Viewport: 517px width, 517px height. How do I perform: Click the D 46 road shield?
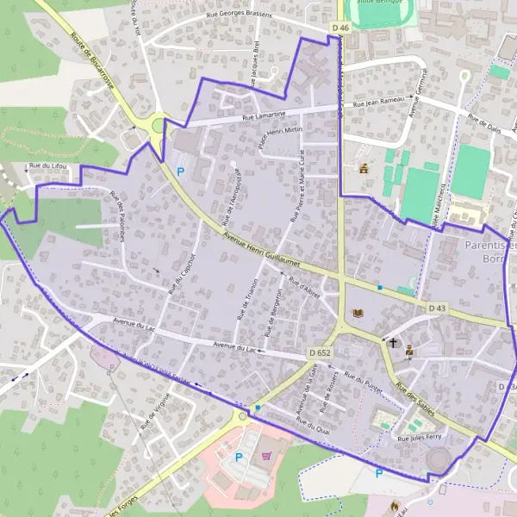341,28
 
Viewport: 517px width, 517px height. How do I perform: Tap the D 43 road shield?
438,307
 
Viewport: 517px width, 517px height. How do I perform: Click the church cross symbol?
393,342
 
